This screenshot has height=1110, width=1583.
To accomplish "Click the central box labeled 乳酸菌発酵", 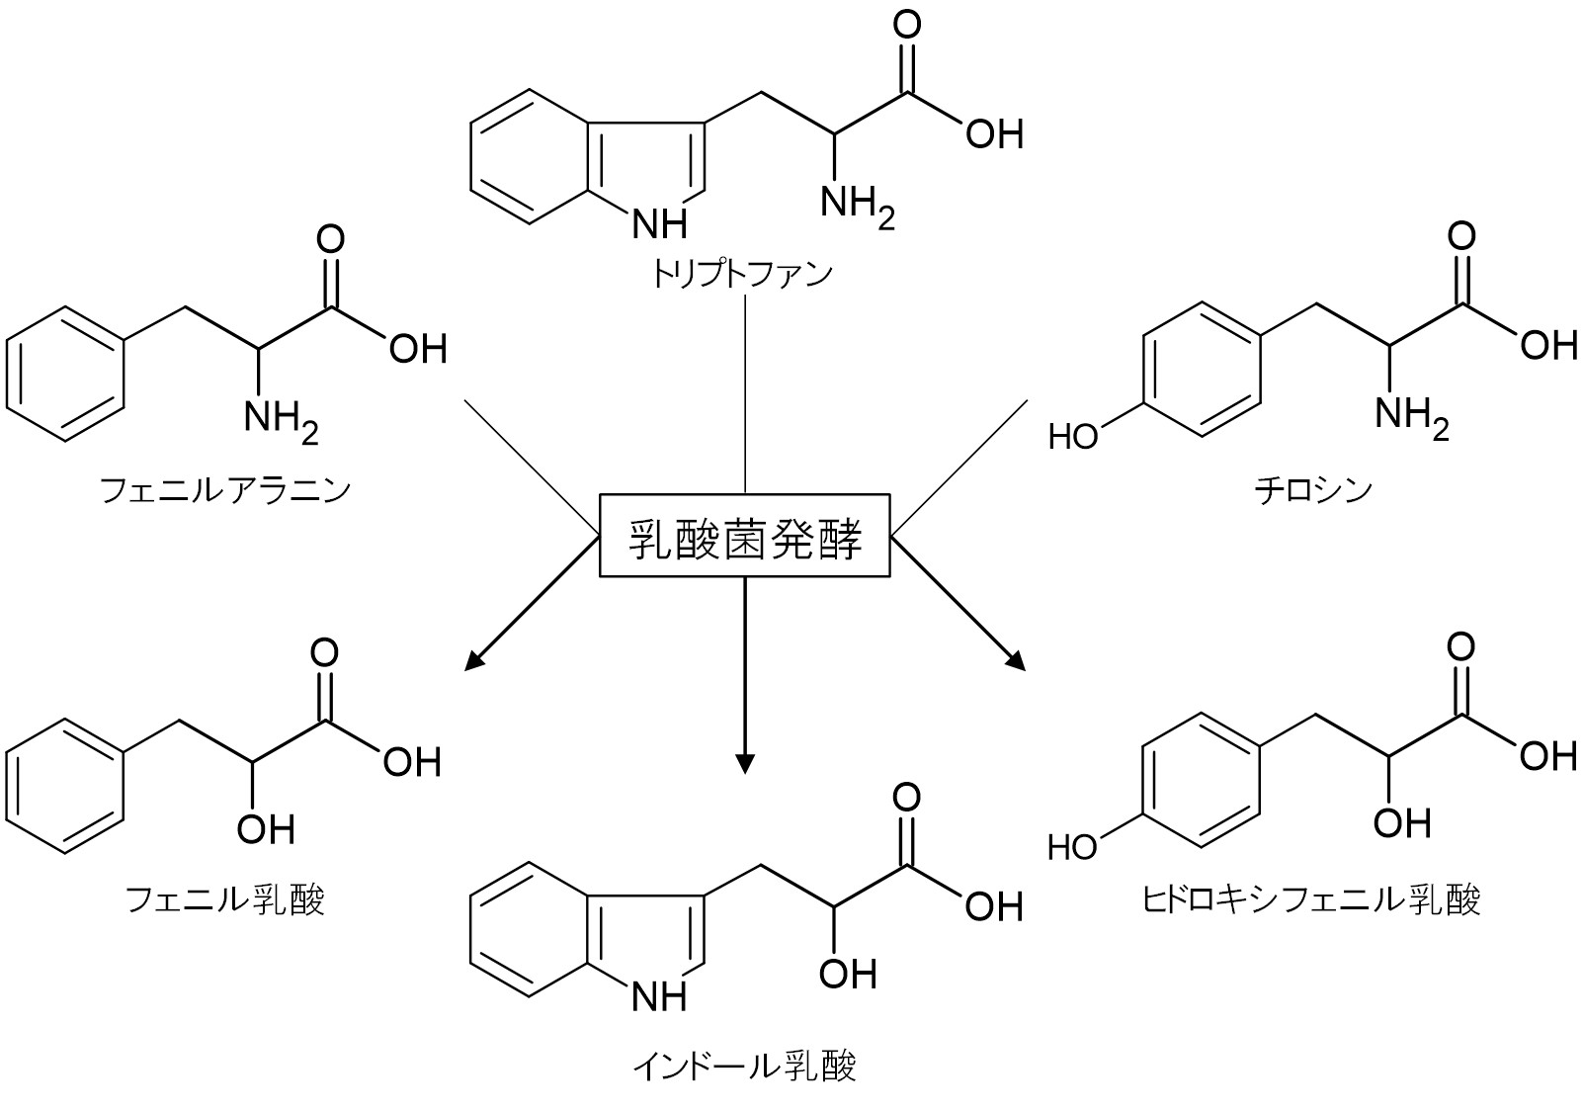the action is point(744,535).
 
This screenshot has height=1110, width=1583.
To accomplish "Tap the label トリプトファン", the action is point(742,275).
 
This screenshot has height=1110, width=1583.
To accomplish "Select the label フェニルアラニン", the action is point(225,490).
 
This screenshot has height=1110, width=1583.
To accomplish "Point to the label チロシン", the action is point(1313,490).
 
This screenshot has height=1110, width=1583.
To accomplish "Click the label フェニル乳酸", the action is point(225,900).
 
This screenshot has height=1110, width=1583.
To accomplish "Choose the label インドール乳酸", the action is point(744,1067).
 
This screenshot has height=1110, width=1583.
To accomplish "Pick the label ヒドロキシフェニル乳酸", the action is point(1311,900).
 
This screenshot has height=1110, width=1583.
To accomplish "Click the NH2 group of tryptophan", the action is point(858,206).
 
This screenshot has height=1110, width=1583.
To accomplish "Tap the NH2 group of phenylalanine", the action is point(282,421).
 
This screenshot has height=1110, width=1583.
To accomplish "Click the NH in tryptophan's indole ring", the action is point(659,223).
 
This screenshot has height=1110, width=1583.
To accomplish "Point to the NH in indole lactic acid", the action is point(659,997).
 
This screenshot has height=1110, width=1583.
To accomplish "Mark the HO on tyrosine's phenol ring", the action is point(1073,436).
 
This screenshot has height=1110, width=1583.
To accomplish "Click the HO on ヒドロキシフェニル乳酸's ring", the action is point(1073,846).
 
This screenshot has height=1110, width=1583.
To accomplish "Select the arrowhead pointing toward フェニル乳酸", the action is point(474,659).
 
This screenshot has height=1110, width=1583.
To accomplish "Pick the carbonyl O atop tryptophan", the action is point(907,24).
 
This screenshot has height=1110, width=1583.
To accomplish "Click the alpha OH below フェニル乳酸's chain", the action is point(266,829).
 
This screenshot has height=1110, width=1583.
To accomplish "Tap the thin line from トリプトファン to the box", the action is point(745,393).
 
